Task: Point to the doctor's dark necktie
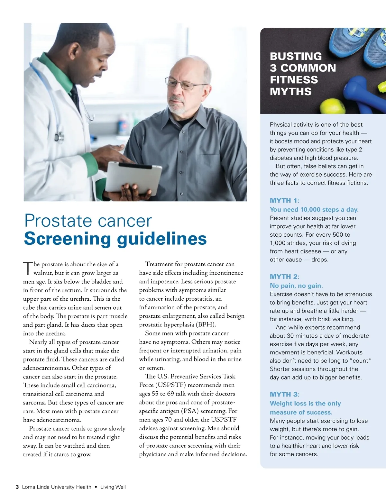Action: [75, 96]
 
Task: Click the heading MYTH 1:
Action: [284, 201]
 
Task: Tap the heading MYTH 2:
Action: [284, 277]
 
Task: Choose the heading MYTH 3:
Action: [284, 394]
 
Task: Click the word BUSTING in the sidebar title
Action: [296, 56]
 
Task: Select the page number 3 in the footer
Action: [17, 487]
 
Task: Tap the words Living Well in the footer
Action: [113, 487]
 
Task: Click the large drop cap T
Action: [28, 268]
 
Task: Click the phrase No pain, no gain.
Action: [296, 286]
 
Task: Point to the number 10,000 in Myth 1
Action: [310, 210]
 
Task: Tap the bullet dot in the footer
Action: [96, 487]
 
